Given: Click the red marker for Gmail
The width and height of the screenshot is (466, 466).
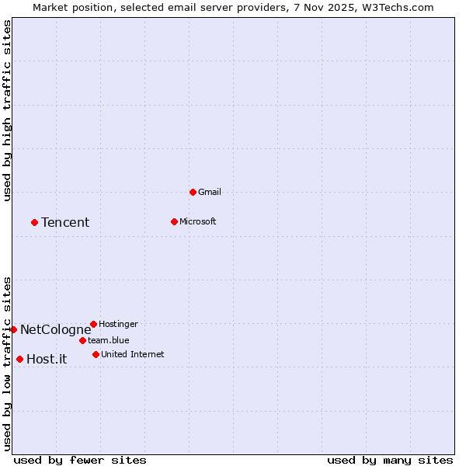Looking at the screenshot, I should pos(193,192).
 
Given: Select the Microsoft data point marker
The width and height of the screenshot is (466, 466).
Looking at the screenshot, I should pos(174,221).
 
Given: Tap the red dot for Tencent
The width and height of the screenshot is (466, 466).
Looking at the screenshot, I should pos(34,222).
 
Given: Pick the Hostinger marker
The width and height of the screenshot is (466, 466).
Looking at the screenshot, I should pos(93,324).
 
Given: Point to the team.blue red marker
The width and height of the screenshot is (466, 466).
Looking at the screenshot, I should pos(82,340).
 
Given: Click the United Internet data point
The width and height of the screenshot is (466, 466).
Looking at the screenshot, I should pos(96,354).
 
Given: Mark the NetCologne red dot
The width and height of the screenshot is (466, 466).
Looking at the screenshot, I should pos(13,329).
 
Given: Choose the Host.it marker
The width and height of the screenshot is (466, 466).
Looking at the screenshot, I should pos(19,359).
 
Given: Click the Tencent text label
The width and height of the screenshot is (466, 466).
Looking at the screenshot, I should pos(65,223).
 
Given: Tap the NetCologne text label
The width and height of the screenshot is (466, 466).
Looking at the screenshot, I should pos(55,330).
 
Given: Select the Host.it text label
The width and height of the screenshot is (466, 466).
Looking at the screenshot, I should pos(47,360).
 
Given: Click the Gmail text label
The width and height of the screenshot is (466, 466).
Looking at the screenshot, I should pos(210,192).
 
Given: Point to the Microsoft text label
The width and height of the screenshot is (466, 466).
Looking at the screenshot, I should pos(197,221).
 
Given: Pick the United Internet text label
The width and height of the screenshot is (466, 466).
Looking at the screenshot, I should pos(132,354).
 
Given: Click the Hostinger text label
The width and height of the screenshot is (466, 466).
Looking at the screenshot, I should pos(118,324).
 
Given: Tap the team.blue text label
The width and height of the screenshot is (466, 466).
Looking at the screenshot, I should pos(108,340).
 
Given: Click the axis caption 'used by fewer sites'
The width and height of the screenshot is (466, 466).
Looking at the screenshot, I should pos(80,460).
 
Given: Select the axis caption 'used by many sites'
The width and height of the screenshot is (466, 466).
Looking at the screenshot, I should pos(390,460).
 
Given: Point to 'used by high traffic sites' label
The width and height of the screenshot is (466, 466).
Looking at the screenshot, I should pos(7,110).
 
